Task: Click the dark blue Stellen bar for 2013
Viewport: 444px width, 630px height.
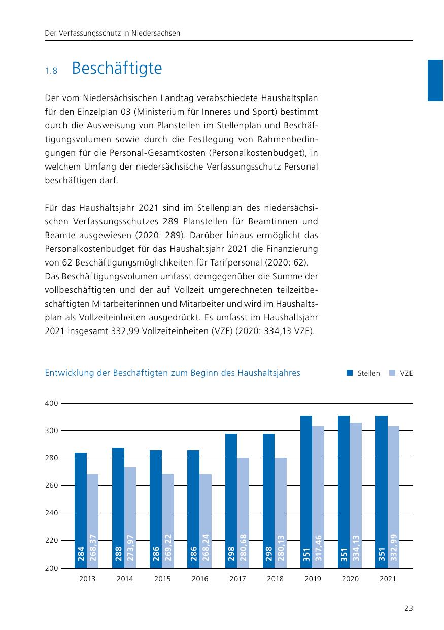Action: coord(81,508)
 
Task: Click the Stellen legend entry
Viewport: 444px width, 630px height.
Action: coord(363,373)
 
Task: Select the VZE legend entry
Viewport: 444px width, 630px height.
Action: coord(401,373)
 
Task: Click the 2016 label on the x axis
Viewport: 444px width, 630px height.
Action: coord(200,579)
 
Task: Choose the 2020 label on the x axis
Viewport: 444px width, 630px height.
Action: coord(350,579)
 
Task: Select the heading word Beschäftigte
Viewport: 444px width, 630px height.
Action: coord(117,69)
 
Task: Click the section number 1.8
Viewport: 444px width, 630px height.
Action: coord(51,71)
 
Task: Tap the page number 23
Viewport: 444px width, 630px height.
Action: coord(408,609)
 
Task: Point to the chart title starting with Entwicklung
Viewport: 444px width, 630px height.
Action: coord(173,373)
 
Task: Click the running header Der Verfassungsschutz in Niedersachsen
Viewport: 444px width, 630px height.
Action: coord(113,34)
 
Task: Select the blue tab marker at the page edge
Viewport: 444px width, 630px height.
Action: coord(435,80)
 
